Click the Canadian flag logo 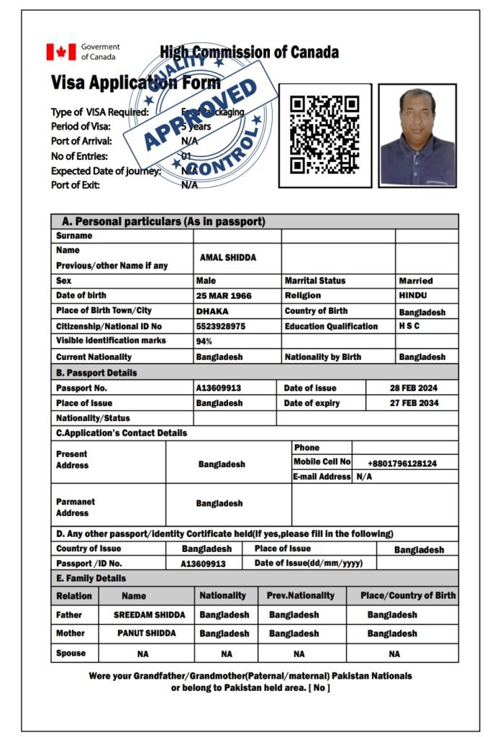coord(61,51)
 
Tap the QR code coord(324,135)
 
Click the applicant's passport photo coord(417,136)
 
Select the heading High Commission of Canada coord(249,53)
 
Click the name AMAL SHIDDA coord(228,258)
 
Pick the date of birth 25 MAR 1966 coord(224,296)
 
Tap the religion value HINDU coord(413,296)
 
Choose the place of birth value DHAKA coord(212,311)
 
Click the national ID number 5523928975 coord(221,326)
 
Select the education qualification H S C coord(410,326)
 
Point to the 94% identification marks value coord(204,341)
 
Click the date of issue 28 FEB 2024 coord(414,388)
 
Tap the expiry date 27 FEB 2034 coord(414,403)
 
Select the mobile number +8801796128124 coord(402,464)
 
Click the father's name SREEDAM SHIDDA coord(149,615)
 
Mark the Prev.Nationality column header coord(300,596)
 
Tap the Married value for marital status coord(416,281)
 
